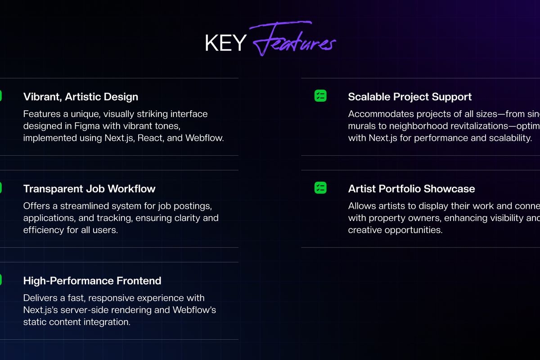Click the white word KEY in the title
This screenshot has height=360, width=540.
click(x=225, y=42)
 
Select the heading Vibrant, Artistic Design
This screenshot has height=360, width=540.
click(x=81, y=97)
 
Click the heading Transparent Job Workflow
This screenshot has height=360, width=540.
click(x=89, y=189)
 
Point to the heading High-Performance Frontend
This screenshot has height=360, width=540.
click(x=92, y=281)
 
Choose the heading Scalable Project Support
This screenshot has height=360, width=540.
click(x=409, y=97)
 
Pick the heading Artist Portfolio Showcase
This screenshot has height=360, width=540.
click(x=411, y=189)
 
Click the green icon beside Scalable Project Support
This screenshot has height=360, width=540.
click(x=320, y=95)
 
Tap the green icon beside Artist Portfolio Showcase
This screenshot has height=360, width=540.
click(x=320, y=188)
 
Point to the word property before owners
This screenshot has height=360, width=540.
click(x=387, y=218)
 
